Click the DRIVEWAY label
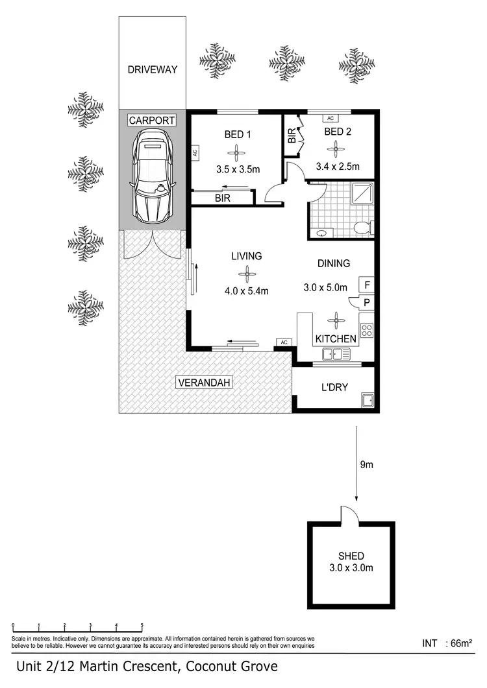pos(152,69)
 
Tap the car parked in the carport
pos(153,173)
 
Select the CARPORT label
pos(152,121)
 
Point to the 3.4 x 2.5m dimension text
pos(337,167)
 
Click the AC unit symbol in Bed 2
pos(330,119)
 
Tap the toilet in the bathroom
pos(362,228)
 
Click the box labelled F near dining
pos(366,285)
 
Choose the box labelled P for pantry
pos(366,302)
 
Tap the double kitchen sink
pos(336,354)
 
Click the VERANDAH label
pos(204,383)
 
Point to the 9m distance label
pos(366,464)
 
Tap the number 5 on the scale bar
pos(142,626)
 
